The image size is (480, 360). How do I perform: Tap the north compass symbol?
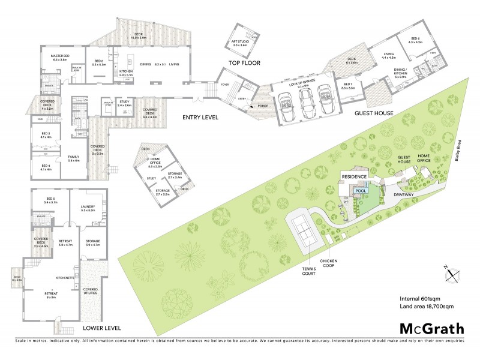tap(453, 275)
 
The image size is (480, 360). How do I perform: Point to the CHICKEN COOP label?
tap(330, 263)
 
